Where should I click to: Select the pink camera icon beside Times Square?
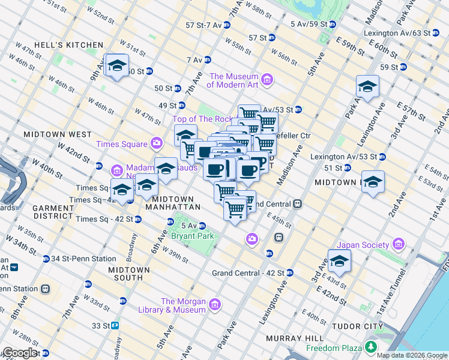coord(157,143)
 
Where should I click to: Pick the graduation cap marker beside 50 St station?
coord(116,66)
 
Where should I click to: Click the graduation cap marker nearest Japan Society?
coord(339,261)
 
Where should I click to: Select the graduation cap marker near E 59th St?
coord(367,88)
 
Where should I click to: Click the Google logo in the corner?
coord(20,353)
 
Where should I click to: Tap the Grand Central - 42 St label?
coord(249,273)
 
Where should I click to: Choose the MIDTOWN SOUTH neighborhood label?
coord(125,274)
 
